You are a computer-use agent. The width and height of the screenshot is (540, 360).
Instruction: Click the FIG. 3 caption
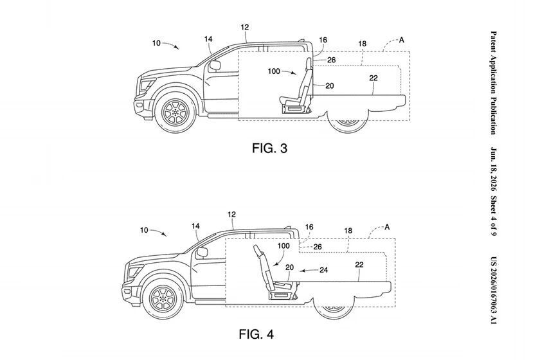click(x=269, y=148)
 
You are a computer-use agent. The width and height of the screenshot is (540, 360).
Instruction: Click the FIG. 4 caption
click(x=256, y=334)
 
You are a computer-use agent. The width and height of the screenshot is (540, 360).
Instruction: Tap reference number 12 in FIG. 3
click(x=245, y=27)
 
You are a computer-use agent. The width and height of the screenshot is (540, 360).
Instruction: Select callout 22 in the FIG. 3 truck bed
click(x=373, y=78)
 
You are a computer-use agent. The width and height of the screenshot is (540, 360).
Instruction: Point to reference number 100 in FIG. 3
click(x=274, y=71)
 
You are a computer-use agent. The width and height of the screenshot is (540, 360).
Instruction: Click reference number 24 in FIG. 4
click(x=323, y=270)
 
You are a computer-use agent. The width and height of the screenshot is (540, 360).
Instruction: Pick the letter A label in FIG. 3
click(x=402, y=40)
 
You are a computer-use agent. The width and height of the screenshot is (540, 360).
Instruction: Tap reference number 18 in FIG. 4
click(x=348, y=231)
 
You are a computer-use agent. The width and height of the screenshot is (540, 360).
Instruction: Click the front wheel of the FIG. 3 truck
click(x=175, y=111)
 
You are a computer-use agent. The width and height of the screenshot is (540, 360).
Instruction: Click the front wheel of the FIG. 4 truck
click(x=163, y=298)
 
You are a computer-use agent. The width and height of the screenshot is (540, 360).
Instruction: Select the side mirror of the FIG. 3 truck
click(x=215, y=66)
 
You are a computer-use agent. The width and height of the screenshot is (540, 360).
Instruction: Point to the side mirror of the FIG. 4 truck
click(x=202, y=253)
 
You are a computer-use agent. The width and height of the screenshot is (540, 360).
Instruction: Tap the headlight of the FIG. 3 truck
click(x=147, y=84)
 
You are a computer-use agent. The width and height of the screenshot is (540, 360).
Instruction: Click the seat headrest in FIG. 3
click(x=309, y=63)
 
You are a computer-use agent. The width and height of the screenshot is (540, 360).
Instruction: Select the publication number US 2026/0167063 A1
click(x=494, y=290)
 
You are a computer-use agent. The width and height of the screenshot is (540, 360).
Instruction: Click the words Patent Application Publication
click(x=494, y=83)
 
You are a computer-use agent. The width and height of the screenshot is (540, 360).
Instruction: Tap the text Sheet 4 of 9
click(x=494, y=216)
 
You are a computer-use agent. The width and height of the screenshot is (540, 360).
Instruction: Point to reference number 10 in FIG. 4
click(x=144, y=230)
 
